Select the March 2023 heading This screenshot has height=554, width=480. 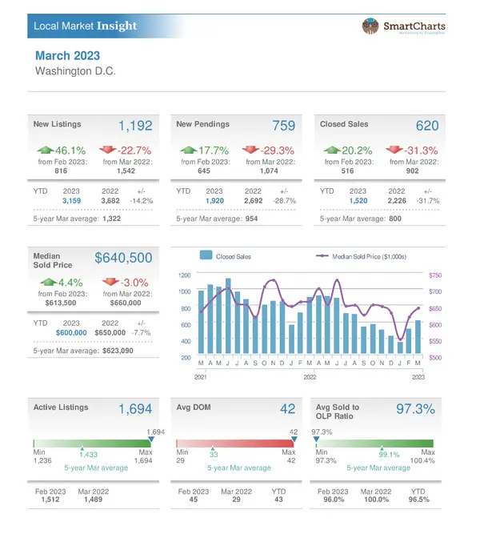(69, 56)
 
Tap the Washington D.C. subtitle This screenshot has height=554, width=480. (76, 71)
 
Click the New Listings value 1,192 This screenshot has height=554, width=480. (135, 126)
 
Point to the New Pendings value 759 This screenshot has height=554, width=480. (283, 126)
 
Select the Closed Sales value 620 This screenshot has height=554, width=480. (427, 126)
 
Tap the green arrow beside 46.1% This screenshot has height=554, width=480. (46, 150)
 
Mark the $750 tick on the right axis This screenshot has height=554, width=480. (435, 275)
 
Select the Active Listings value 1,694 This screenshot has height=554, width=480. (135, 409)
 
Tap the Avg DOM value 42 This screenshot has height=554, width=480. (288, 409)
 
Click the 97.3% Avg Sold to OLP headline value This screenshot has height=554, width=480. (415, 409)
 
